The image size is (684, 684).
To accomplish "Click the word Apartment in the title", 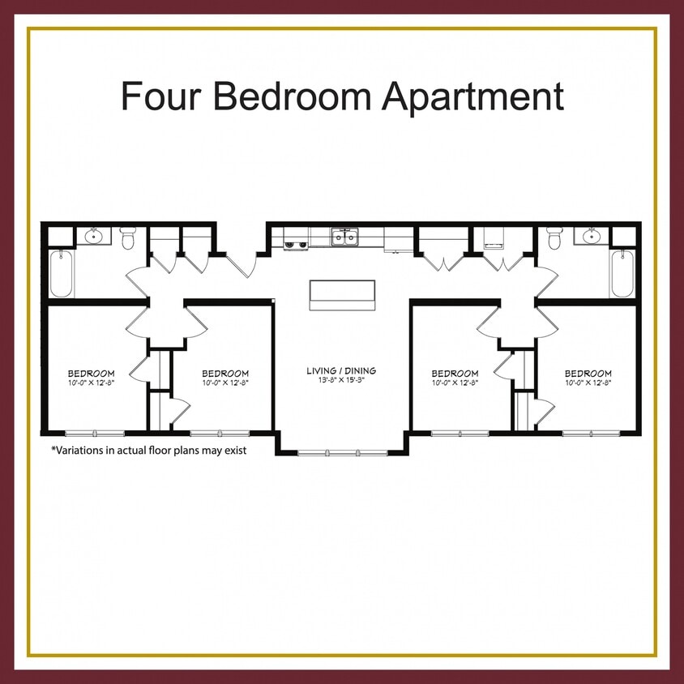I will (x=472, y=97).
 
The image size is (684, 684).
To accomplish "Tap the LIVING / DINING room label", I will (x=341, y=371).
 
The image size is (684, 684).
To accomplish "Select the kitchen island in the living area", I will (x=342, y=294).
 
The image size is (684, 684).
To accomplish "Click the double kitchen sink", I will (x=345, y=237).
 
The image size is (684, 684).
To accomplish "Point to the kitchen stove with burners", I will (x=295, y=241).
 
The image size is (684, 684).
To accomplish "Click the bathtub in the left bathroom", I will (x=62, y=274).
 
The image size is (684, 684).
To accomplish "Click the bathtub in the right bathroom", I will (x=622, y=274).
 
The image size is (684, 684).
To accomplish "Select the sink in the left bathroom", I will (x=94, y=237).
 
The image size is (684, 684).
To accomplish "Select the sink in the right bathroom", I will (x=589, y=237).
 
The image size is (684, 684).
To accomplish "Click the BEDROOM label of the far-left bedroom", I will (x=91, y=374).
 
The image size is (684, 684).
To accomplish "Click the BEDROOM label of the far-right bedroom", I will (x=588, y=374).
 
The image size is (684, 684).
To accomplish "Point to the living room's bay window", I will (x=342, y=451).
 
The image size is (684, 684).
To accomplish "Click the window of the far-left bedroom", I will (x=95, y=433).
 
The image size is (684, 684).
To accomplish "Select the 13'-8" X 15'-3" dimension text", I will (x=341, y=380).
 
